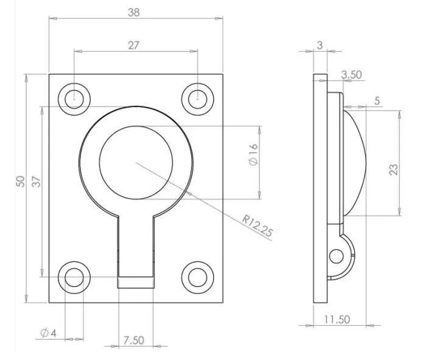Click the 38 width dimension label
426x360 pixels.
point(134,12)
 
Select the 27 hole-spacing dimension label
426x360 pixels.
point(133,46)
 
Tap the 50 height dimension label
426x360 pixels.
point(20,181)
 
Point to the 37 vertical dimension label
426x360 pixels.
point(37,182)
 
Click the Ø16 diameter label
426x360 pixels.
point(253,154)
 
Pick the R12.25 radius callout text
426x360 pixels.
point(257,226)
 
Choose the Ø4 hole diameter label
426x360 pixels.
point(48,333)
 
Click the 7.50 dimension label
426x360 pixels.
point(134,340)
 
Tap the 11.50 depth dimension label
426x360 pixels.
point(337,319)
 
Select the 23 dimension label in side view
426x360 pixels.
point(394,170)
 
